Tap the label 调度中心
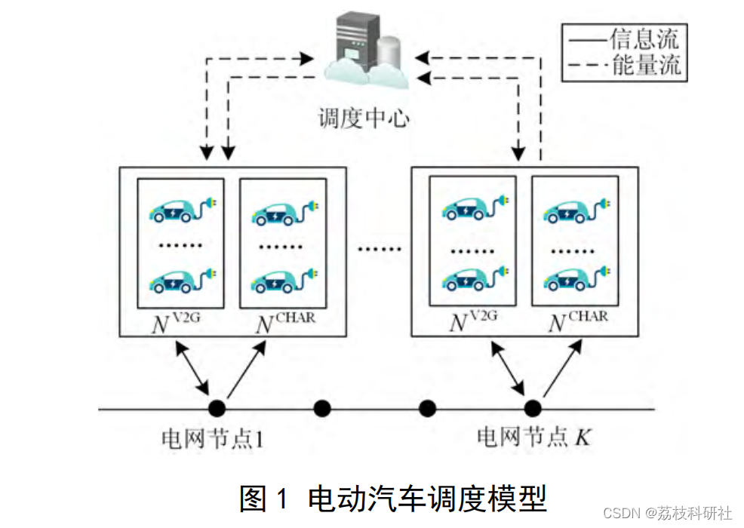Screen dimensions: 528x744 pyautogui.click(x=364, y=118)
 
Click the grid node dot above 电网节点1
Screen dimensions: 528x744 pyautogui.click(x=217, y=409)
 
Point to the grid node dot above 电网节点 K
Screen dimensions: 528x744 pyautogui.click(x=533, y=409)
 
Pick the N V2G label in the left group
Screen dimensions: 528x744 pyautogui.click(x=177, y=323)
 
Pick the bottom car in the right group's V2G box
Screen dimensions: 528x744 pyautogui.click(x=473, y=282)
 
